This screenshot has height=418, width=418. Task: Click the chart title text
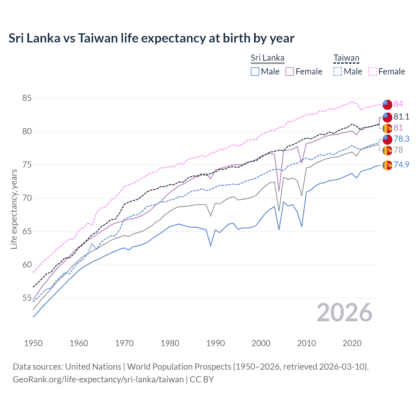[151, 38]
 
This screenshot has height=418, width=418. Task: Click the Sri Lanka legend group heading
[267, 58]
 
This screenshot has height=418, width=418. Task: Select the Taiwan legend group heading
[346, 58]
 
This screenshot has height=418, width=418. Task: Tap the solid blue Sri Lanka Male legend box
[255, 72]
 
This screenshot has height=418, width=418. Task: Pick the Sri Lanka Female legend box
[290, 72]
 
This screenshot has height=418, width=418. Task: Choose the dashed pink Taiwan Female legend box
[373, 72]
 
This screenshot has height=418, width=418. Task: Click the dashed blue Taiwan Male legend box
[338, 72]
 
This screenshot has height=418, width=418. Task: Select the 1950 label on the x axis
[33, 343]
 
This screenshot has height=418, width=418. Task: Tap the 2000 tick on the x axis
[261, 343]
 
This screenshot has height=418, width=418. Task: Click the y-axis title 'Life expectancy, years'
[14, 209]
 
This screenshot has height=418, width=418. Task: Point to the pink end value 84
[398, 104]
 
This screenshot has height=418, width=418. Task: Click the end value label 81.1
[401, 117]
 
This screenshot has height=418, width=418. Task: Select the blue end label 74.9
[401, 165]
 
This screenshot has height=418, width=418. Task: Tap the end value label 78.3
[401, 139]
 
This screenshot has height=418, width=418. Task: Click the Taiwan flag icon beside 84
[387, 104]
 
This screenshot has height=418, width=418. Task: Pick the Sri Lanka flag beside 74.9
[387, 165]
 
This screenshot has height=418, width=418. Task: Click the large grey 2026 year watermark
[344, 313]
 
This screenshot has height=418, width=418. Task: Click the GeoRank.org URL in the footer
[98, 379]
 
